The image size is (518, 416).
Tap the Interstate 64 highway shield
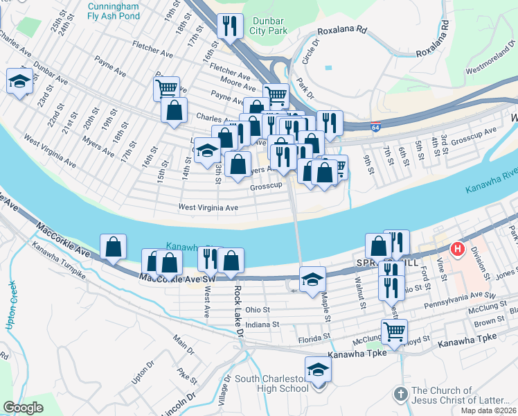coord(375,125)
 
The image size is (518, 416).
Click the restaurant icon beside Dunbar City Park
coord(228,27)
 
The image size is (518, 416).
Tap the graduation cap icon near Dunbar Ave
coord(19,81)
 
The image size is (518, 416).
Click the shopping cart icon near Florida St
coord(394,331)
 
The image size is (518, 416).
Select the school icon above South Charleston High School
coord(319,369)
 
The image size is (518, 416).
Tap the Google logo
coord(24,408)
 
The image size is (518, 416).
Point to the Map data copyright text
coord(487,410)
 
